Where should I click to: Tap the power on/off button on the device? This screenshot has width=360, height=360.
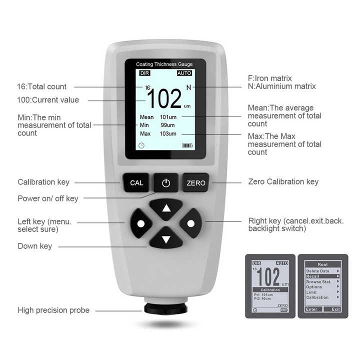coord(165,183)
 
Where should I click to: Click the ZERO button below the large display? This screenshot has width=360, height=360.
coord(195,183)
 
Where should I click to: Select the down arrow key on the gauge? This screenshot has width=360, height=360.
coord(166,239)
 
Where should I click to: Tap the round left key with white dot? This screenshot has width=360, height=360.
coord(140,222)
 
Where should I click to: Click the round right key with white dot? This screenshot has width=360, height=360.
coord(190,222)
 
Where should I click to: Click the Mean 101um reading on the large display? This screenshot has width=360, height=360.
coord(158,117)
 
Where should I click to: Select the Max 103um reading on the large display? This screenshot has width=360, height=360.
coord(158,134)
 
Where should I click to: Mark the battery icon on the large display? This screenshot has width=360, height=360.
coord(187,146)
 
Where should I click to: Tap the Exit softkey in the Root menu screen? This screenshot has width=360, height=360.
coord(335,309)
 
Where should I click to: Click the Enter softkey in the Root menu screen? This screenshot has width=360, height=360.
coord(311,309)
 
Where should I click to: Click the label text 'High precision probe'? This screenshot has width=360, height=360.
coord(53,310)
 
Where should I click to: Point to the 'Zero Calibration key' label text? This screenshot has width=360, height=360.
coord(283,182)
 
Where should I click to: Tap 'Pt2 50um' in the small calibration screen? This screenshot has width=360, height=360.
coord(262,298)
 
